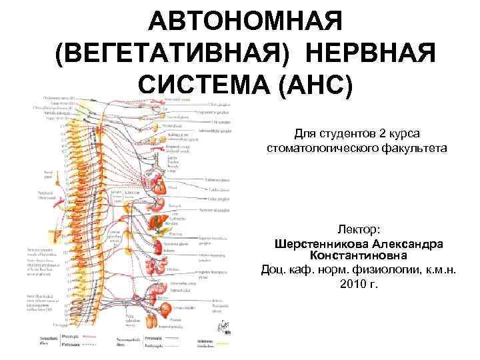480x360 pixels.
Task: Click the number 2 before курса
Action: point(381,132)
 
